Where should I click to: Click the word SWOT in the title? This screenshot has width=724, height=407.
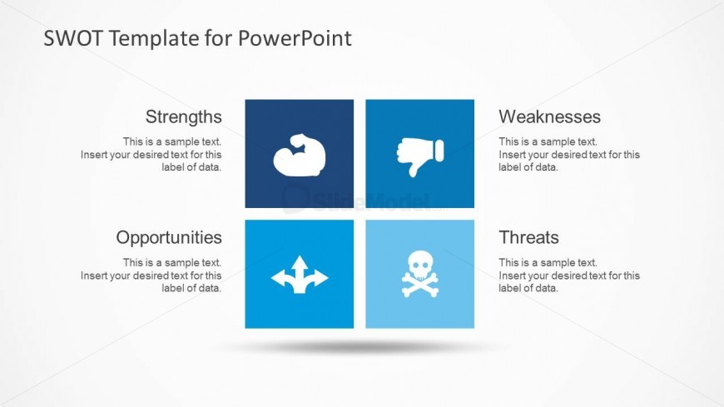73,38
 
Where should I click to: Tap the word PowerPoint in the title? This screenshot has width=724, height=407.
295,38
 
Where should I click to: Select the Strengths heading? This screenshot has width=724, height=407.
184,117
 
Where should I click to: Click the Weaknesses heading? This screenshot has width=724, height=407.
549,117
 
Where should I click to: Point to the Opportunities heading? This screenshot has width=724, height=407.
169,238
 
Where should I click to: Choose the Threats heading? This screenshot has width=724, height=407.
528,237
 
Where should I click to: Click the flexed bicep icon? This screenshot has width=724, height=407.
300,155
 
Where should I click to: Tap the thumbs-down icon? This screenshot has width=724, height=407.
420,156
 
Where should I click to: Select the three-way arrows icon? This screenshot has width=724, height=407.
300,275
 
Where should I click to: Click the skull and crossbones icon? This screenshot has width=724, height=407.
419,274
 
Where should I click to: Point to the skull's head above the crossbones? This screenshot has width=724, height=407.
419,265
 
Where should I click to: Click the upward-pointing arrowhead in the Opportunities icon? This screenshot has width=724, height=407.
300,262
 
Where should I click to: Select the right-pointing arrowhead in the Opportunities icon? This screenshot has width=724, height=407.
321,278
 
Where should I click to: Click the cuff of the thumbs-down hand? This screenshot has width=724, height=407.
439,151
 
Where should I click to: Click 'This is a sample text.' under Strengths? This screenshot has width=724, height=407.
172,141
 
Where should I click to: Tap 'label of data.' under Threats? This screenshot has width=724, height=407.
528,288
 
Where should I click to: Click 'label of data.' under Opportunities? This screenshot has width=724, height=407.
191,288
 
